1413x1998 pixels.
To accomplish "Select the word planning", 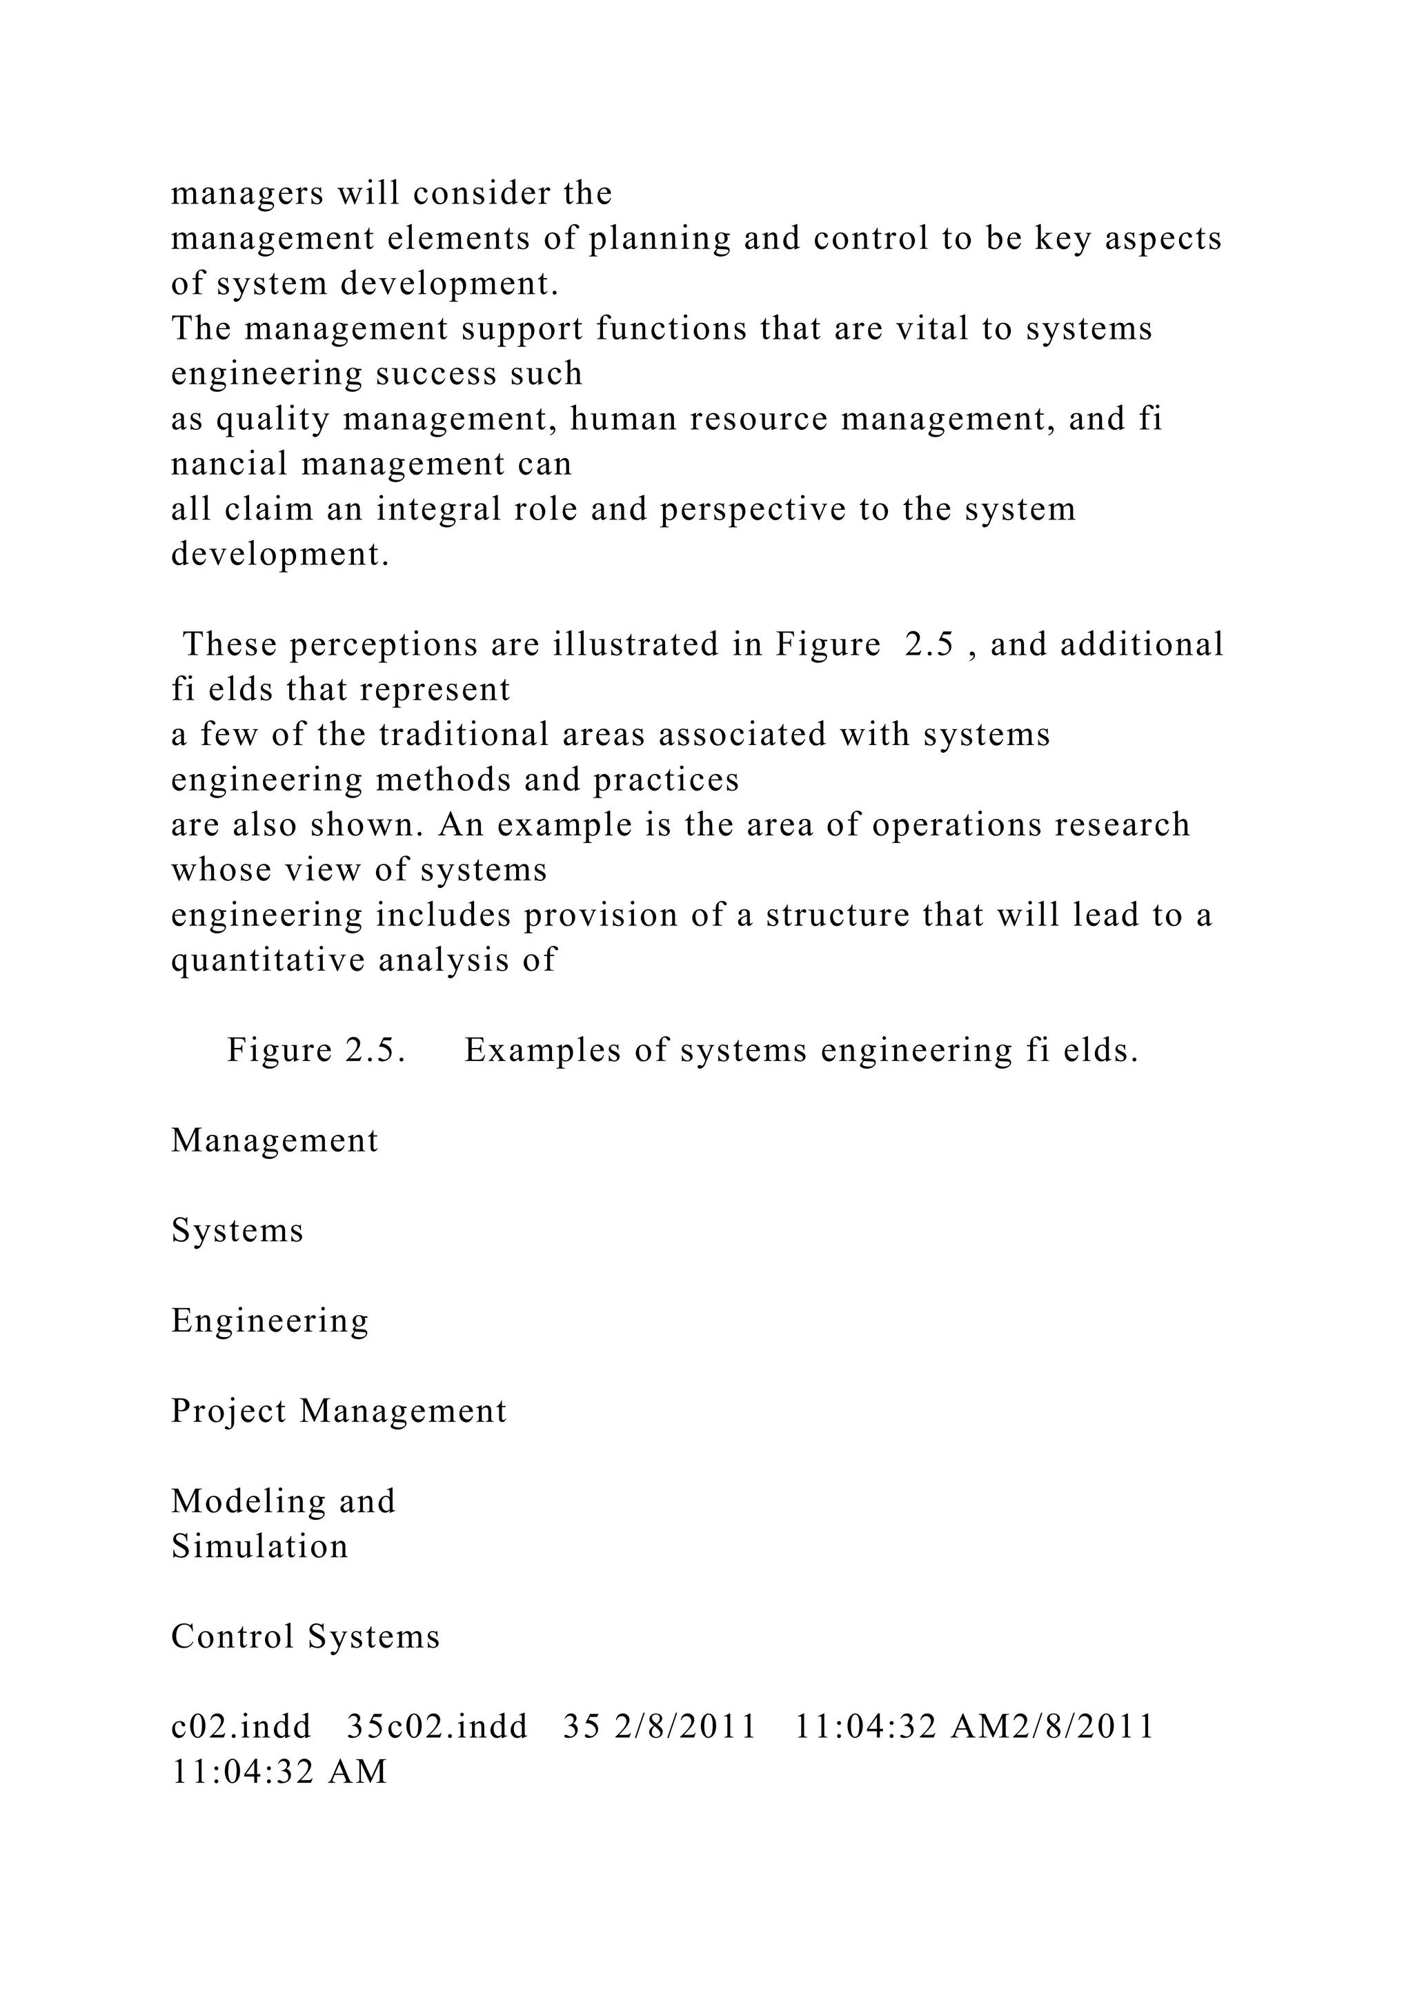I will tap(660, 239).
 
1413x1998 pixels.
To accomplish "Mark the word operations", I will tap(956, 825).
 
